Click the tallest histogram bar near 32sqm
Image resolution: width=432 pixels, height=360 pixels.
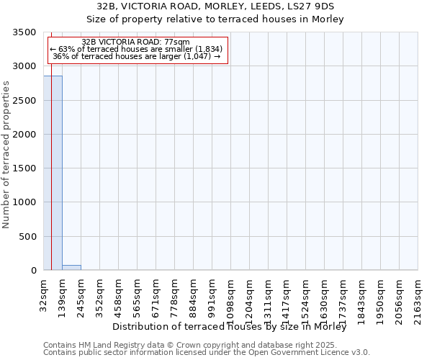pos(53,173)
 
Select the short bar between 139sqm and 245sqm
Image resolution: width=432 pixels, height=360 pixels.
pos(71,268)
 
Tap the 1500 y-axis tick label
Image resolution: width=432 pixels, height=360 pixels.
pos(22,168)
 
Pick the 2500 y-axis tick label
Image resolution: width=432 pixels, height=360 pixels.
pos(22,101)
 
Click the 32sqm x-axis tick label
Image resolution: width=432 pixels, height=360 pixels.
pos(44,291)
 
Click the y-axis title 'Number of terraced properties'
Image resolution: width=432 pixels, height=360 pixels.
pos(7,154)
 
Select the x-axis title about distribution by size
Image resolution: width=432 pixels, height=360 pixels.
pos(230,327)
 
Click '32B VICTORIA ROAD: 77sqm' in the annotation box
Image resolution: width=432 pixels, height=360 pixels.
pos(136,42)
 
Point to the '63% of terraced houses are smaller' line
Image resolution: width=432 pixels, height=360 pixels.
pos(136,49)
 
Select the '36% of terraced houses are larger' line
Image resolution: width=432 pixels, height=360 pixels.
pos(136,56)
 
